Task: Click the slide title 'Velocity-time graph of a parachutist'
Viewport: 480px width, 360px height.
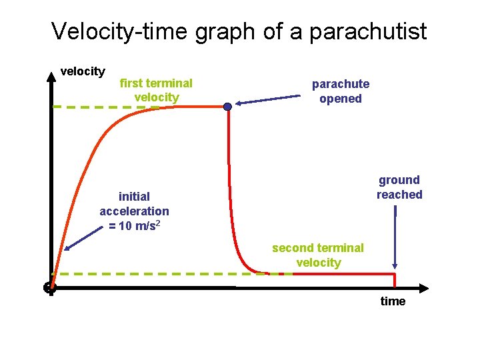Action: pos(239,31)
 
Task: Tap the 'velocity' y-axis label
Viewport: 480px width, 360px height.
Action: pos(83,71)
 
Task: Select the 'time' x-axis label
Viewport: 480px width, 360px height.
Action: pos(393,301)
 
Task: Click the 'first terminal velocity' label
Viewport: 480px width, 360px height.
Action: pos(156,91)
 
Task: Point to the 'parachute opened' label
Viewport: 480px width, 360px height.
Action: pos(340,91)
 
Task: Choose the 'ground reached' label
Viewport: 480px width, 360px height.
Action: pos(399,187)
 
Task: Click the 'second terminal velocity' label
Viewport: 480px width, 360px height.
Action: pos(318,255)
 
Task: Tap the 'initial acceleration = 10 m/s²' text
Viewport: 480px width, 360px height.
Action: pos(134,211)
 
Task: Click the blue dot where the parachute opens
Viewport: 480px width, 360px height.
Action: pos(227,107)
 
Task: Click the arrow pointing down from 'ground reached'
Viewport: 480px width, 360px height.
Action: pos(396,237)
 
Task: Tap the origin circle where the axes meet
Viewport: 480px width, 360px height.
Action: pos(49,288)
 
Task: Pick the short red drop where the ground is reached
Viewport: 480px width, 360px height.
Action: pos(396,281)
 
